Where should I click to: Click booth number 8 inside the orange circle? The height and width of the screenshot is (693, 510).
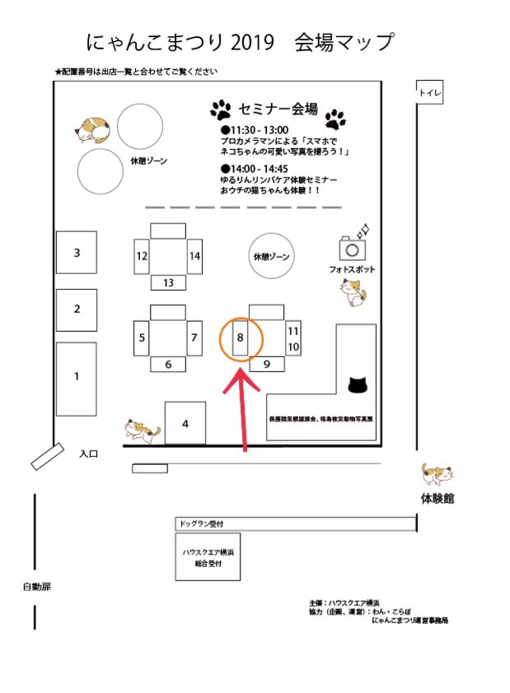click(x=241, y=337)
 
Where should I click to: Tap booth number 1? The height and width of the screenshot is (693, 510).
click(x=77, y=378)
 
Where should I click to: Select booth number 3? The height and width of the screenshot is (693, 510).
click(x=77, y=253)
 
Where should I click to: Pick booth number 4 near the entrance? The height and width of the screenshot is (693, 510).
click(x=185, y=423)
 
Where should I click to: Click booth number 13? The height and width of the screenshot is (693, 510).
click(x=168, y=282)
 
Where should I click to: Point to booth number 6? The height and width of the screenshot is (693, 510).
click(x=168, y=364)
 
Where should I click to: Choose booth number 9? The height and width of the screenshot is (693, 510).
click(x=267, y=363)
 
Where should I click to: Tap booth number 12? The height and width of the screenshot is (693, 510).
click(x=143, y=256)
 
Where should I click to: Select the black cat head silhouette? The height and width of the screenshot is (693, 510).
click(x=357, y=384)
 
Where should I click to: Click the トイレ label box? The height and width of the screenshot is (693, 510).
click(x=429, y=93)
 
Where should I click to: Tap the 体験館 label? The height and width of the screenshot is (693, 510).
click(x=437, y=500)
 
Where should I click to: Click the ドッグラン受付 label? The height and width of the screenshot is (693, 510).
click(x=201, y=523)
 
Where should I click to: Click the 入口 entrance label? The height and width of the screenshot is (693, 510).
click(x=90, y=453)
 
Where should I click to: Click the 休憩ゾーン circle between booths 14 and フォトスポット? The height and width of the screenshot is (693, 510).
click(x=273, y=257)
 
